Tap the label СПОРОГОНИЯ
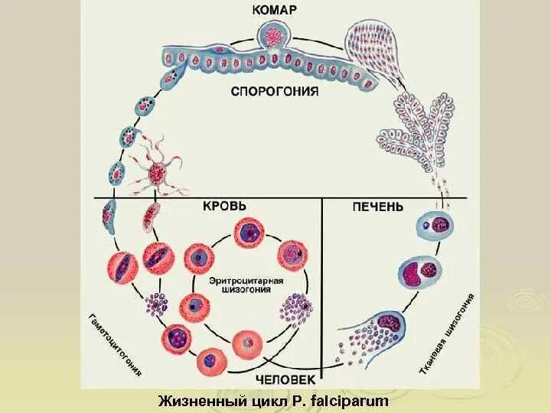click(275, 91)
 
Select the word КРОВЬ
click(224, 206)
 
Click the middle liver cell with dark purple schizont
click(418, 272)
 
